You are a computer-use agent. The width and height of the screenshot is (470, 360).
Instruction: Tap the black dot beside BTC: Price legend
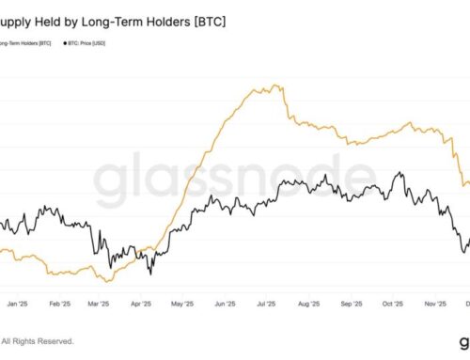[x=64, y=42]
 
